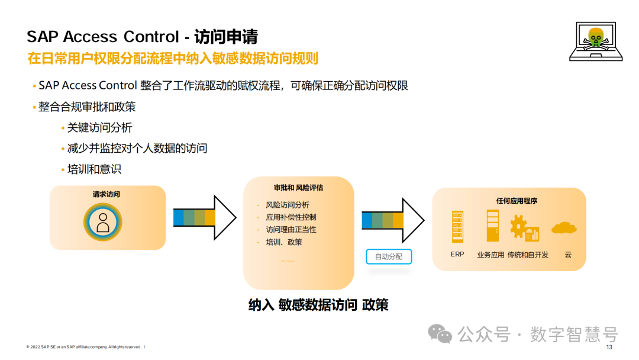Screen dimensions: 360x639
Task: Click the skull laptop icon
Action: [x=596, y=41]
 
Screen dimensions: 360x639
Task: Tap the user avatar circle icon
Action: [x=103, y=222]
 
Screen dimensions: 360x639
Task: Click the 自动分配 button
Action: [x=388, y=256]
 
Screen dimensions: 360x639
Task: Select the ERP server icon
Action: [x=457, y=226]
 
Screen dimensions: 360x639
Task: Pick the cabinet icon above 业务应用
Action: [x=492, y=226]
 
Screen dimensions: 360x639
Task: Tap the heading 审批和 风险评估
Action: [x=298, y=188]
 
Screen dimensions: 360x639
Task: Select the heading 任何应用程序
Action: [x=517, y=201]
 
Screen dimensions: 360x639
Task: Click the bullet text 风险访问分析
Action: [x=288, y=205]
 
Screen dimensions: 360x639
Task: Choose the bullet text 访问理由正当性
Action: [x=291, y=230]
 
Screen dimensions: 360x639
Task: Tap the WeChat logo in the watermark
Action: [x=441, y=334]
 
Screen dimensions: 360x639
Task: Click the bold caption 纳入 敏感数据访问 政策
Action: [x=318, y=305]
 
